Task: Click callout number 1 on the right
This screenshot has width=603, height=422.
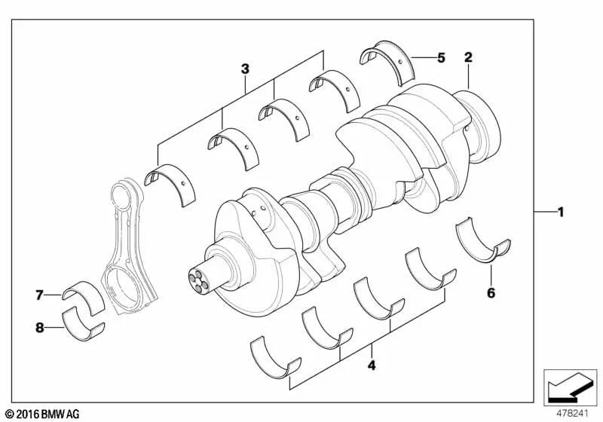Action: pos(560,213)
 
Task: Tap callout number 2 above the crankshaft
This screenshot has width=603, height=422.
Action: pos(468,57)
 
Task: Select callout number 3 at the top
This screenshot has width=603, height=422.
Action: pos(245,69)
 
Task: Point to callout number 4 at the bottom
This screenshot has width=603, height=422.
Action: pos(371,367)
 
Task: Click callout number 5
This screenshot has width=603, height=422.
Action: pos(441,57)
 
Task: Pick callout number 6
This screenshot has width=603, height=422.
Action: pos(491,292)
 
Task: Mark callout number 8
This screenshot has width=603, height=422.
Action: pos(38,327)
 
